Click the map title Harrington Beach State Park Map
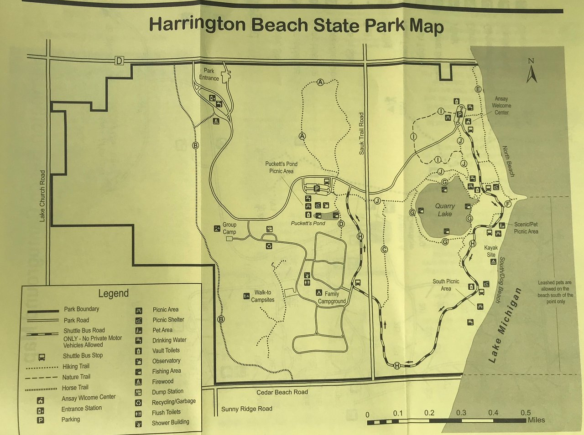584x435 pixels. pyautogui.click(x=296, y=25)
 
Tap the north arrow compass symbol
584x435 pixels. pyautogui.click(x=531, y=72)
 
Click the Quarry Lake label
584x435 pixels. pyautogui.click(x=444, y=210)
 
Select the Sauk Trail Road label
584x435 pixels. pyautogui.click(x=361, y=133)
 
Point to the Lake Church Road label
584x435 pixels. pyautogui.click(x=42, y=196)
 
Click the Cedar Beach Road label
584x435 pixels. pyautogui.click(x=282, y=392)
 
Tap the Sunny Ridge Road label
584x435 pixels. pyautogui.click(x=246, y=409)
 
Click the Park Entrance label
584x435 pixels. pyautogui.click(x=209, y=74)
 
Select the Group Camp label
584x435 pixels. pyautogui.click(x=229, y=228)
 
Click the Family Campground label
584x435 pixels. pyautogui.click(x=332, y=297)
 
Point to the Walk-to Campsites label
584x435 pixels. pyautogui.click(x=263, y=296)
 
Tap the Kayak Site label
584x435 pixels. pyautogui.click(x=491, y=251)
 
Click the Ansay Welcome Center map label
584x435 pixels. pyautogui.click(x=501, y=106)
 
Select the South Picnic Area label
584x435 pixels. pyautogui.click(x=446, y=285)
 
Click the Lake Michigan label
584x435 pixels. pyautogui.click(x=504, y=326)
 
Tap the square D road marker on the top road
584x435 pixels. pyautogui.click(x=119, y=61)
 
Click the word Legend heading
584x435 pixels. pyautogui.click(x=113, y=293)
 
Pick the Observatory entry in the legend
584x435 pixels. pyautogui.click(x=166, y=361)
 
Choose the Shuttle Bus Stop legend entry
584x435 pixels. pyautogui.click(x=83, y=356)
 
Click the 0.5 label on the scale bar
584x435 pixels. pyautogui.click(x=526, y=413)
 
